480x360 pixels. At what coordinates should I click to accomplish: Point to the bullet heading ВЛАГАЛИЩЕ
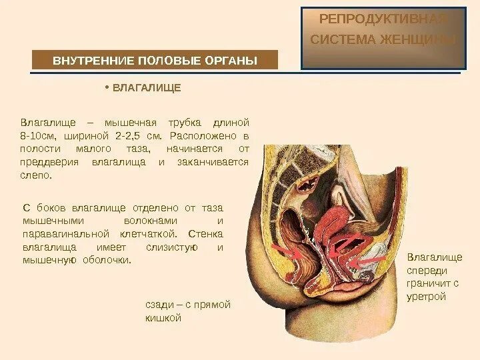pos(147,88)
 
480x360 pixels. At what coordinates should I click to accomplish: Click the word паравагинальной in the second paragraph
pos(65,234)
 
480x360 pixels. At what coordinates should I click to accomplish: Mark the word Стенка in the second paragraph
pos(206,234)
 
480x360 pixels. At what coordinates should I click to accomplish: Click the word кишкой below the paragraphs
pos(163,318)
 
